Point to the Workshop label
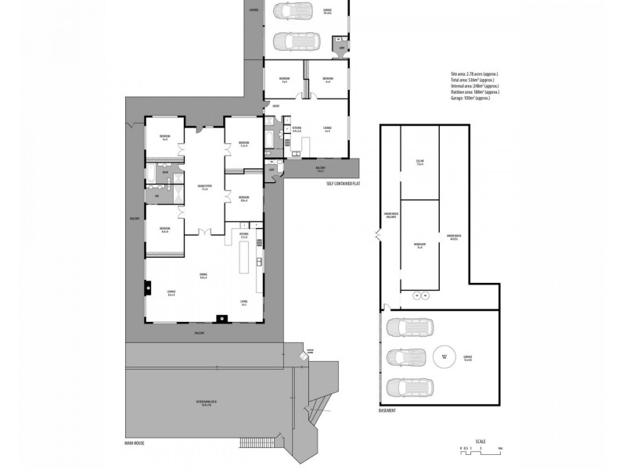419,245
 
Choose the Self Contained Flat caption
343,183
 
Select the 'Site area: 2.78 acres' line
469,73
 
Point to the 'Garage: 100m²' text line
469,98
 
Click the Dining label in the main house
203,275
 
